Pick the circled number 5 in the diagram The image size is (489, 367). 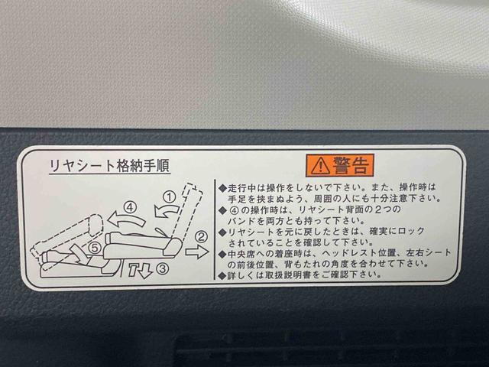click(94, 247)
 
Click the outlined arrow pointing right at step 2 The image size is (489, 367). click(197, 251)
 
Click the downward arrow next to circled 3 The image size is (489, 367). click(141, 269)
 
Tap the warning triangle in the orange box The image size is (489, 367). click(318, 164)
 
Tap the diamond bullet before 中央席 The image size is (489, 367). click(222, 252)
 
